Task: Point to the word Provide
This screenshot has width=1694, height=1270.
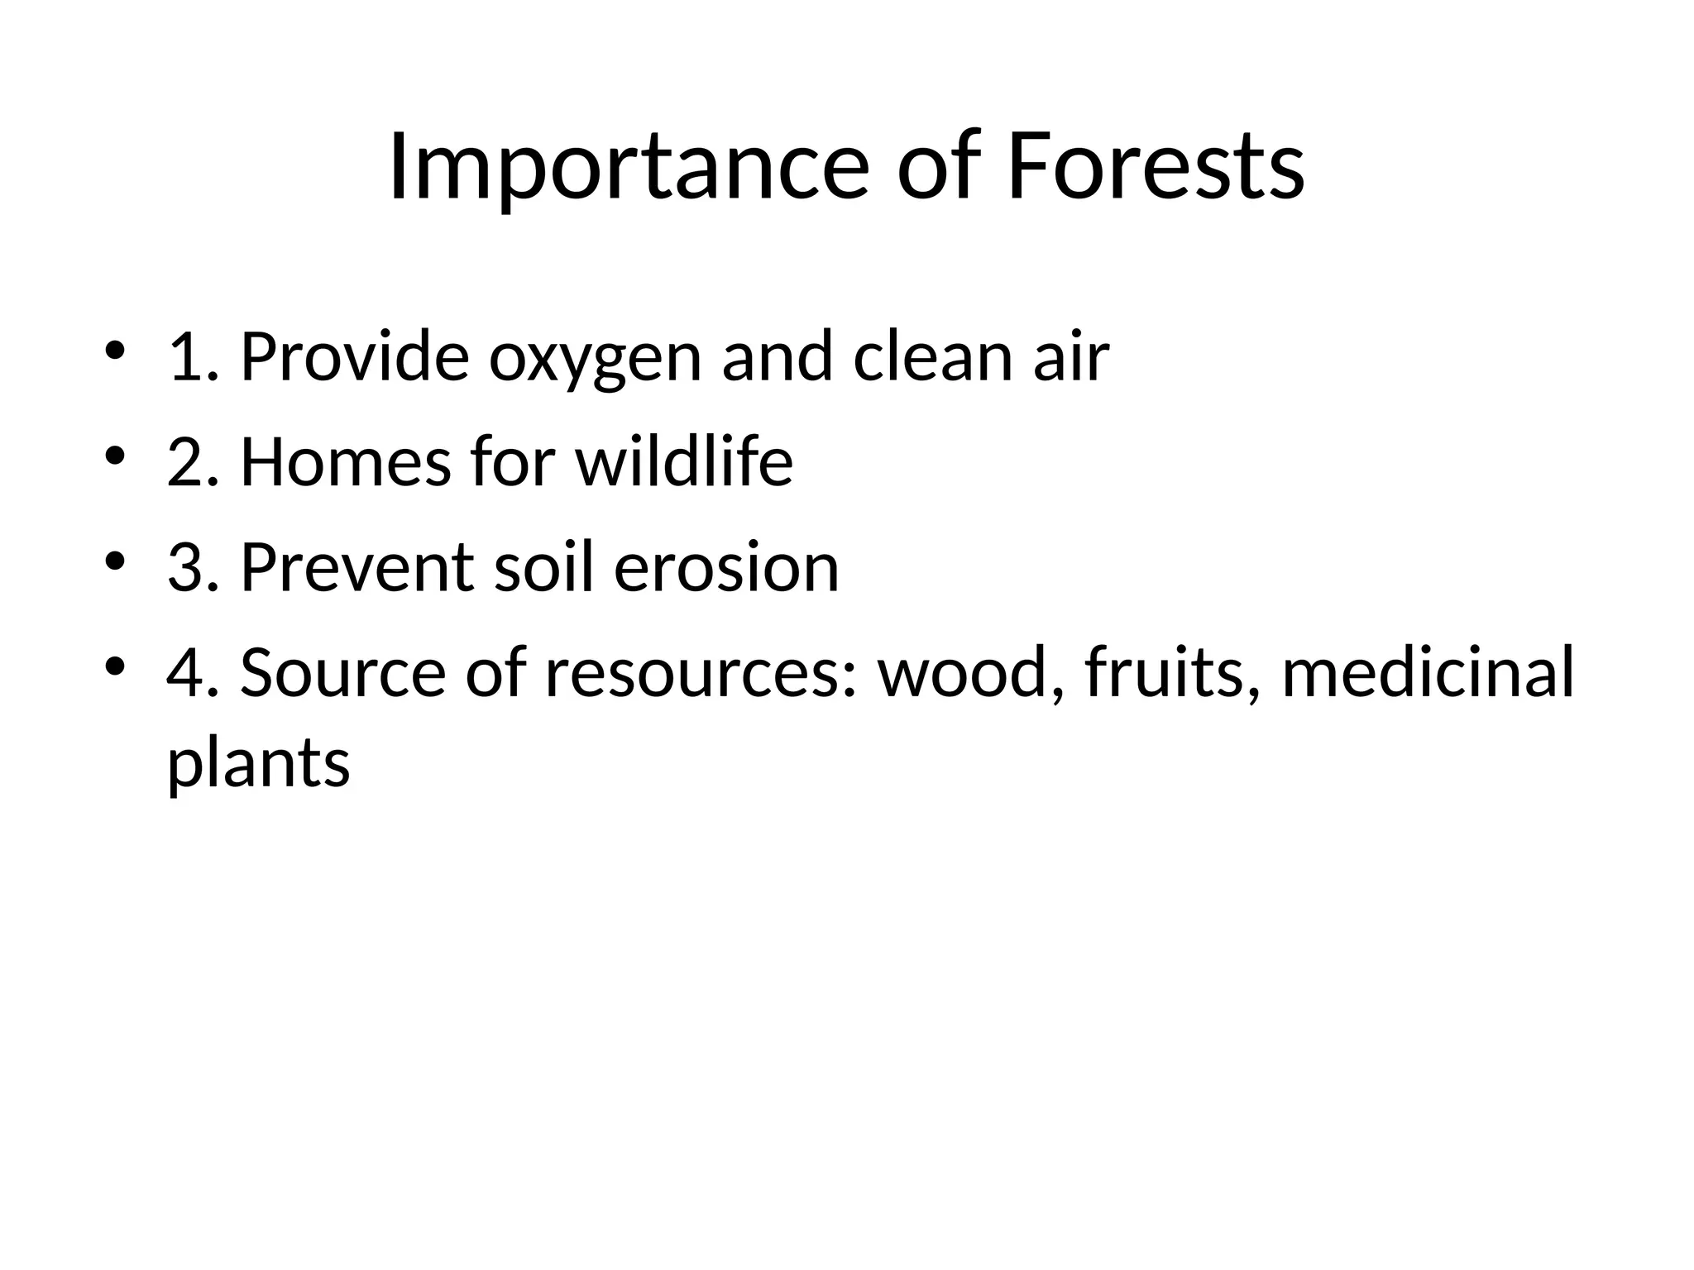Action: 354,358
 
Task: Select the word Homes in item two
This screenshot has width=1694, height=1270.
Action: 346,463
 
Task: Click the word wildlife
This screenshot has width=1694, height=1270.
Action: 684,463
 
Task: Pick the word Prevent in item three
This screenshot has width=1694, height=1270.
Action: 357,569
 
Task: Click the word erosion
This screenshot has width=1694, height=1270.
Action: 726,569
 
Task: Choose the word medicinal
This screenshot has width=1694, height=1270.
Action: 1428,674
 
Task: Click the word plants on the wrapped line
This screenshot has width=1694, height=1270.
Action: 259,762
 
